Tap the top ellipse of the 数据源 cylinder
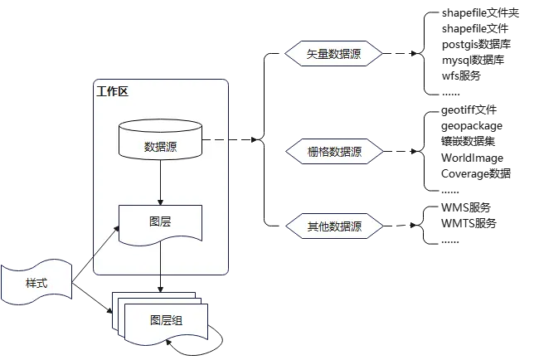pos(160,126)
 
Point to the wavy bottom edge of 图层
pos(160,241)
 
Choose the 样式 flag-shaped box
pos(36,284)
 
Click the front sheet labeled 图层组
pos(166,321)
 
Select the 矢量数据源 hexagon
pos(334,54)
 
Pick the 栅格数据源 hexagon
pos(334,152)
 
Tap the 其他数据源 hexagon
pos(334,226)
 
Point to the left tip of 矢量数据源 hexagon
pos(286,54)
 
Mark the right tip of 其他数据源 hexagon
pos(383,226)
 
